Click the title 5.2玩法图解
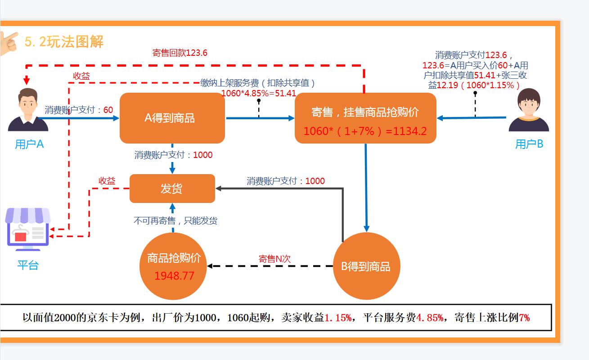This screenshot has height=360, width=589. pos(64,42)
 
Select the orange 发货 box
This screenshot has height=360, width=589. pos(172,189)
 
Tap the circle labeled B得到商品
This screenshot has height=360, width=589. pos(366,266)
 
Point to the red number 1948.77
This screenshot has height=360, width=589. pos(174,276)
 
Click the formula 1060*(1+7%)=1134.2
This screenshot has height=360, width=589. pos(365,131)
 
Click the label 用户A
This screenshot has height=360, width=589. pos(29,144)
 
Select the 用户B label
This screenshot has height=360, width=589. pos(529,144)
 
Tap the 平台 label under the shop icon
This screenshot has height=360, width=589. pos(28,265)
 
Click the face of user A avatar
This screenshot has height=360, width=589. pos(28,103)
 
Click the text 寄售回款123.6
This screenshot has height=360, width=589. pos(180,53)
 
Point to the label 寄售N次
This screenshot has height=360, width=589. pos(274,259)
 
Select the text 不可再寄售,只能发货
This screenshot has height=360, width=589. pos(175,221)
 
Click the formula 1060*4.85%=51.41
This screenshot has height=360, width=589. pos(258,94)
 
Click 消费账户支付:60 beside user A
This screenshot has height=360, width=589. pos(79,110)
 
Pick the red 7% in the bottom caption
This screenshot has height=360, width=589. pos(524,318)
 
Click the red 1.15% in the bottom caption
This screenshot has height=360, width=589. pos(338,318)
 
